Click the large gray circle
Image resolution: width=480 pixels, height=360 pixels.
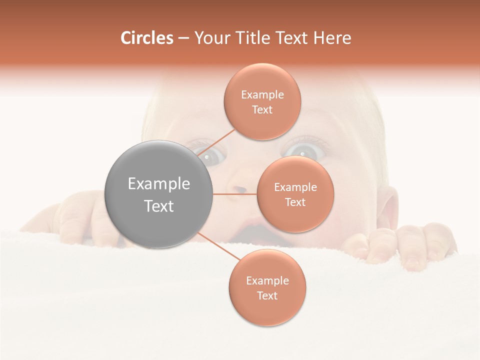(x=159, y=194)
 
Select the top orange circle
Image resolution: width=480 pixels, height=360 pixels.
(x=262, y=102)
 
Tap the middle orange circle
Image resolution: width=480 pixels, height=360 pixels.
(x=295, y=194)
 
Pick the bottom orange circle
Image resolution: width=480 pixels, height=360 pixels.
(x=267, y=287)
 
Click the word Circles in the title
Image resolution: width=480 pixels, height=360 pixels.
(x=147, y=38)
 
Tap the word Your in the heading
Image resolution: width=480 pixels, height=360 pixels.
(x=211, y=38)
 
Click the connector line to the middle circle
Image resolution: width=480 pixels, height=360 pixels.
(x=234, y=194)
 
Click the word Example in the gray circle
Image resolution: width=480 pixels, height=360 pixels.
(x=159, y=184)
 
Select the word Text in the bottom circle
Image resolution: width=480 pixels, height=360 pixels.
(x=267, y=295)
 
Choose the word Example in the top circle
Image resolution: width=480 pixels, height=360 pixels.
(x=262, y=95)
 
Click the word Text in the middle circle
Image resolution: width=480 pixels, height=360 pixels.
(x=295, y=202)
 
